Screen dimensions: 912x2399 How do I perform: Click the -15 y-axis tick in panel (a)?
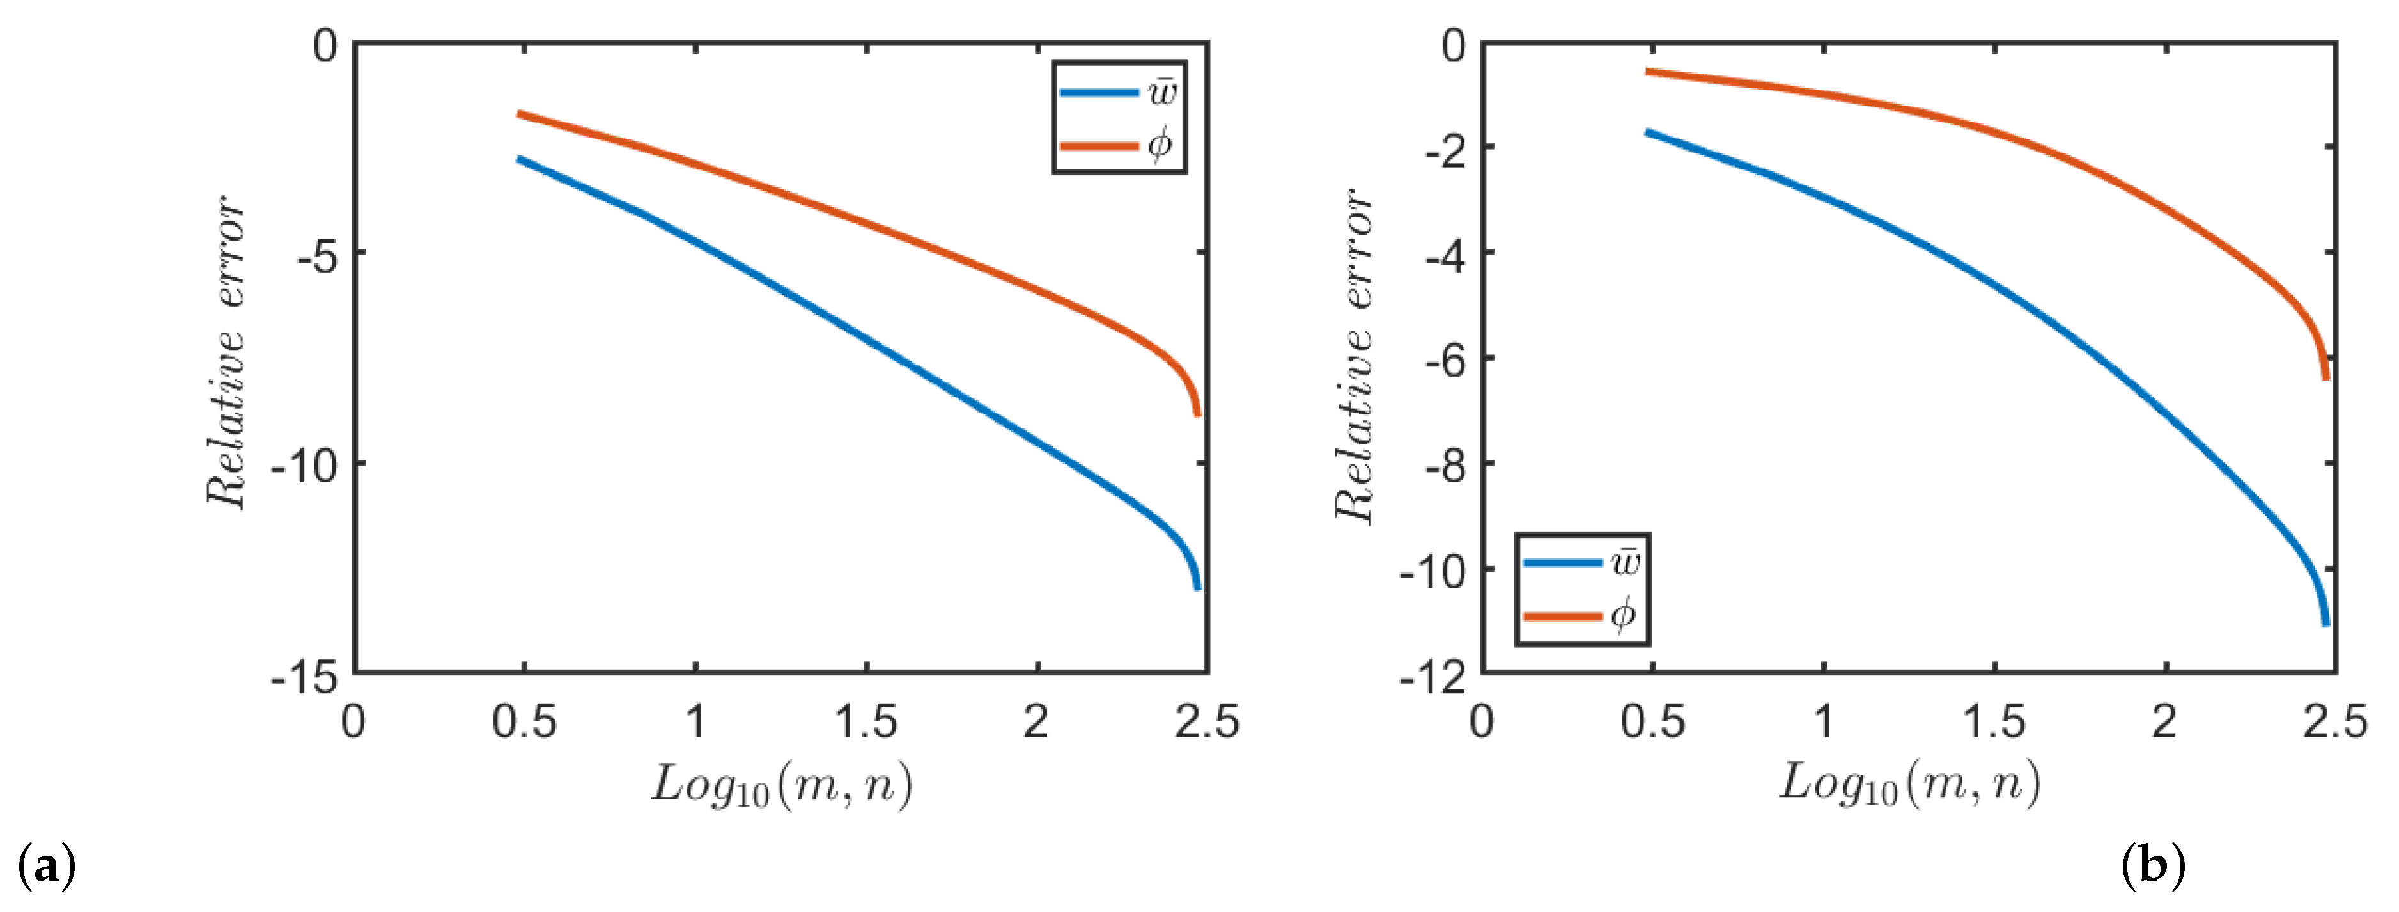click(304, 677)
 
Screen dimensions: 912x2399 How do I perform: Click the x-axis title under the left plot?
click(780, 784)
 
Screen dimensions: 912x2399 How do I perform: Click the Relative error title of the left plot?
click(226, 352)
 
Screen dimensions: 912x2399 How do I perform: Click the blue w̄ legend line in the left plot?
click(1099, 92)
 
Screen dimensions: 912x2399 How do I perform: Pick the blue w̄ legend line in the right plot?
click(1562, 562)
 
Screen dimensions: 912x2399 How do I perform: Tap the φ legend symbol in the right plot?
click(1622, 615)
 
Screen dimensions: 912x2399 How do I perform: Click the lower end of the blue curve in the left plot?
click(1198, 587)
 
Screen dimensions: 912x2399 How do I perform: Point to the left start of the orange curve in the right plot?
click(1649, 71)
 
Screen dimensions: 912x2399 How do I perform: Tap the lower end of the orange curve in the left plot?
click(1198, 414)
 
